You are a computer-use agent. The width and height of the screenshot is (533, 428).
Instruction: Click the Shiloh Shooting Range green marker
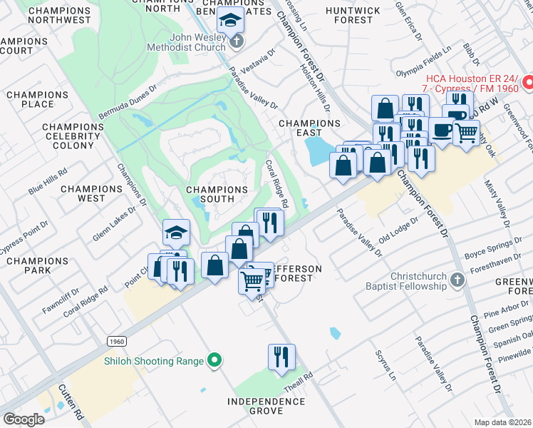tap(213, 361)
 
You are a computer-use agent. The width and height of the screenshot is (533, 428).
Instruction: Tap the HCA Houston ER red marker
tap(528, 83)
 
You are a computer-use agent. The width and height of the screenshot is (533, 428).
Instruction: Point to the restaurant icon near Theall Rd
tap(281, 355)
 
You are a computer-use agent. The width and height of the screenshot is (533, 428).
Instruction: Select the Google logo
tap(24, 419)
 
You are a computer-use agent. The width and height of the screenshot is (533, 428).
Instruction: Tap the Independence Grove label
tap(266, 407)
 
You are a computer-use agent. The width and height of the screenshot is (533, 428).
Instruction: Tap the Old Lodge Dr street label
tap(396, 233)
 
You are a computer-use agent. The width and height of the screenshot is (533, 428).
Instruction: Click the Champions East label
tap(309, 128)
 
